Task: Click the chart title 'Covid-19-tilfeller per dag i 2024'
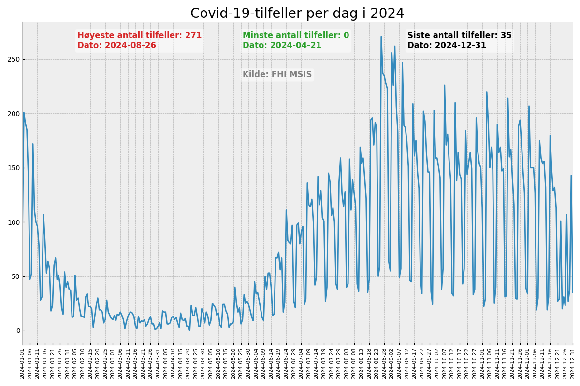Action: coord(297,14)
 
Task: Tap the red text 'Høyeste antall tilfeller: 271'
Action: coord(139,36)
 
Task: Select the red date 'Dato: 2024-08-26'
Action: coord(116,46)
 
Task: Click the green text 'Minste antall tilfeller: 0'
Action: coord(295,36)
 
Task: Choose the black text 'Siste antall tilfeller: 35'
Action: coord(459,36)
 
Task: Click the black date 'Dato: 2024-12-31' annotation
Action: coord(447,46)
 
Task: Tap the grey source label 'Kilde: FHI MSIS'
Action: coord(277,75)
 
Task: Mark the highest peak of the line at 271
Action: coord(381,37)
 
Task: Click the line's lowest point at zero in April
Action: coord(189,331)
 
